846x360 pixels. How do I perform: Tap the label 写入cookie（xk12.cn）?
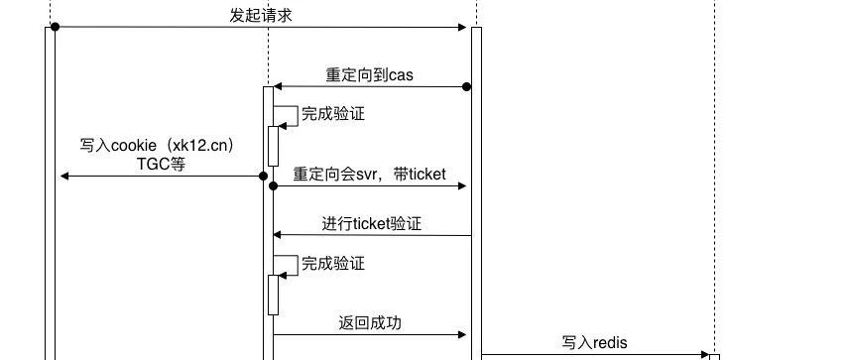158,146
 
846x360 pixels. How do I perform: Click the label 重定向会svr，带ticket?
369,175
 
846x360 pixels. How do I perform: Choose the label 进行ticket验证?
371,224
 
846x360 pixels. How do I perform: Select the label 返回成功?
369,323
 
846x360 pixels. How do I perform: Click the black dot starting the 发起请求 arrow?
55,27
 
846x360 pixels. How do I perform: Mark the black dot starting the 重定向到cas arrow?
466,87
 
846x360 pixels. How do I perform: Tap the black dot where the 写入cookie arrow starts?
264,177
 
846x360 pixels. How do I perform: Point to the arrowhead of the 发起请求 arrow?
463,27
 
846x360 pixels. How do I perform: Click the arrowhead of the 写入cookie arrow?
63,177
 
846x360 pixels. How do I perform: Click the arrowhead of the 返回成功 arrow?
462,335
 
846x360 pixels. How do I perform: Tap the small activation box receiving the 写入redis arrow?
713,356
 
